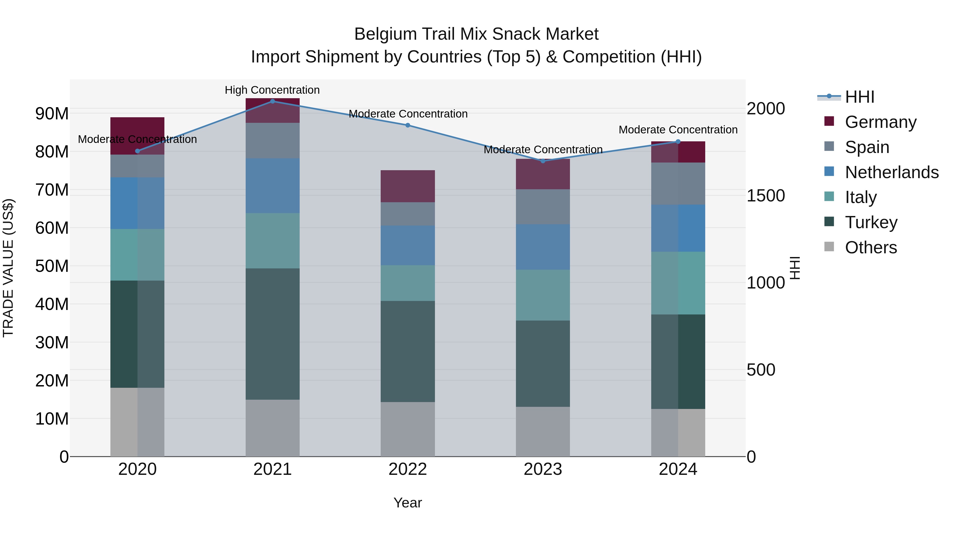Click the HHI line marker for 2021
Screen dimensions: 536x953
(x=273, y=101)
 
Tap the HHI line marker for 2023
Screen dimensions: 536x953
(x=543, y=161)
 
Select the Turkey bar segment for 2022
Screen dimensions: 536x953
(x=408, y=352)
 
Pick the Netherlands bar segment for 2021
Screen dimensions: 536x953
(x=273, y=186)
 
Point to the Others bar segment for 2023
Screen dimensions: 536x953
(x=543, y=432)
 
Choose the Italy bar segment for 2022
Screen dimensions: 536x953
(x=408, y=283)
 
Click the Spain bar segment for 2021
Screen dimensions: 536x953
(x=273, y=141)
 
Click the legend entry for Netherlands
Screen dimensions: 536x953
(x=892, y=172)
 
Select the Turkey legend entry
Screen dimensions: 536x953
(x=871, y=222)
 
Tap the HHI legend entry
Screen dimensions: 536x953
(x=859, y=97)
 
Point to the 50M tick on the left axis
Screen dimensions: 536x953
(x=52, y=266)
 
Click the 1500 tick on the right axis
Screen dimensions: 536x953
(x=765, y=196)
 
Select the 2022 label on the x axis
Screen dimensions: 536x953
(x=408, y=469)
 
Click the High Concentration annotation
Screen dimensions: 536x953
(x=272, y=90)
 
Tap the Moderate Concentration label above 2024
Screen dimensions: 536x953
(x=678, y=130)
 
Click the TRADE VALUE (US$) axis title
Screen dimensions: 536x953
(x=8, y=268)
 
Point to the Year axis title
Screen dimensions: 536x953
(x=408, y=503)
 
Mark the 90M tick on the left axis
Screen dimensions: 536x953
(x=52, y=114)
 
